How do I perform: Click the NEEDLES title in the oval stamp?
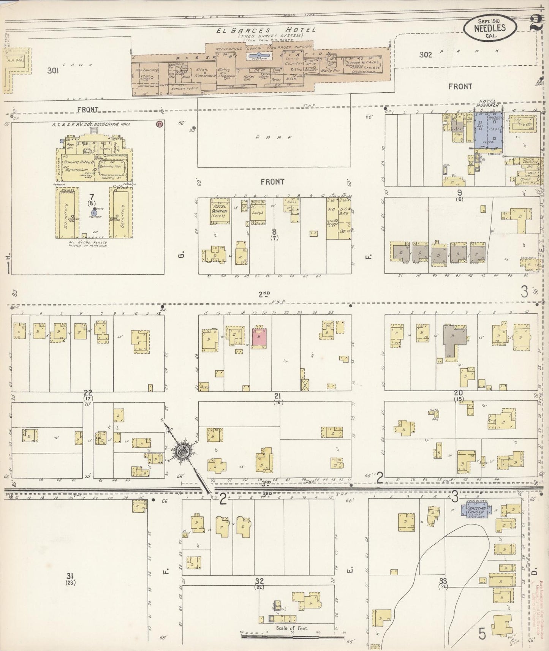click(x=490, y=27)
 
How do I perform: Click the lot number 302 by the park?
click(x=426, y=55)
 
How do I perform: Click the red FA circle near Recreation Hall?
click(x=159, y=124)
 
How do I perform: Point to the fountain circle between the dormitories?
click(x=94, y=214)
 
